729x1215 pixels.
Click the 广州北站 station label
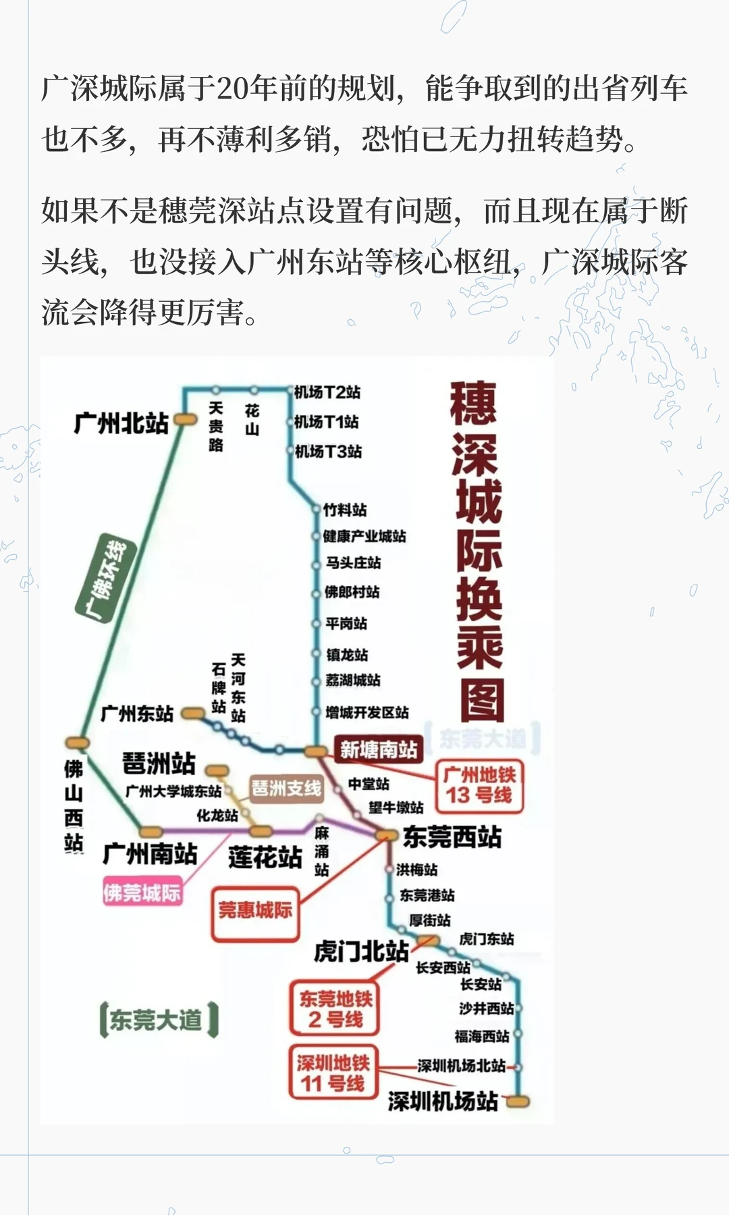(121, 423)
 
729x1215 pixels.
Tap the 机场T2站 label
(327, 392)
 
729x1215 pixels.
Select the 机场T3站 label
(329, 451)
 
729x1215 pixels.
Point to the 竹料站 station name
(345, 510)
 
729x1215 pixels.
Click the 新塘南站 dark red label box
(378, 749)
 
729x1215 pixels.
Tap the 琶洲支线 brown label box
(286, 788)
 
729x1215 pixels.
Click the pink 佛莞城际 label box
(142, 893)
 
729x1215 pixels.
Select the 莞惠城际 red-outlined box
(255, 911)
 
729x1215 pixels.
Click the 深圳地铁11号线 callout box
(333, 1073)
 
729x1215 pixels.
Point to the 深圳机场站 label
(443, 1101)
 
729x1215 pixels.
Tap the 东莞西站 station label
(452, 837)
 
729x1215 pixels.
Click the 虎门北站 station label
(361, 951)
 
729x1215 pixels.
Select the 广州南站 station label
(150, 854)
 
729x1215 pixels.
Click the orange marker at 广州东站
(194, 713)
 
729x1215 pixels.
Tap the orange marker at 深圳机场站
(518, 1102)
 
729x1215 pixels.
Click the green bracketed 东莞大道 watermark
(158, 1020)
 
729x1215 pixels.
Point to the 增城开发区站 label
(367, 712)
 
